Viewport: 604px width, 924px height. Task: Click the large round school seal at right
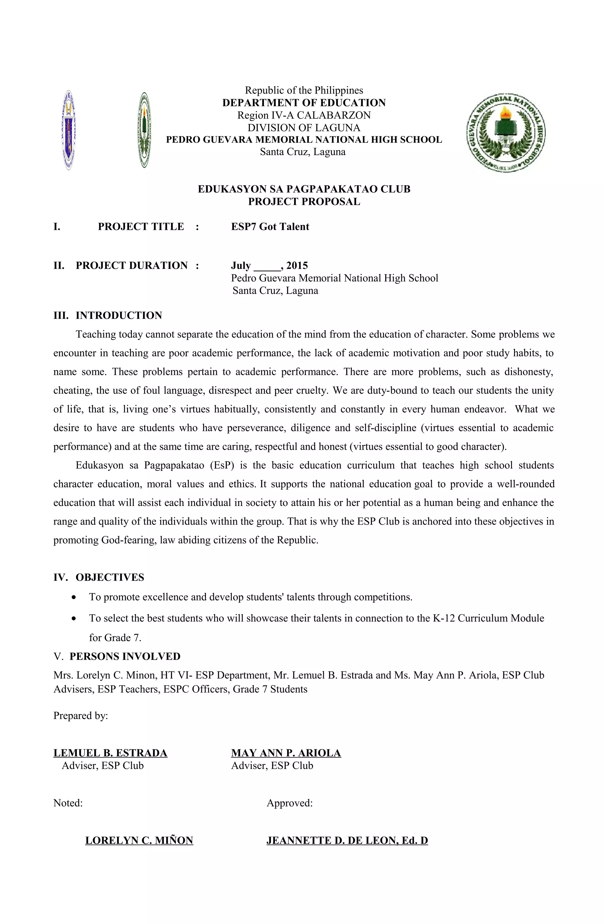click(505, 132)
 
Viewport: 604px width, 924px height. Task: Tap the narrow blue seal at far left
click(69, 130)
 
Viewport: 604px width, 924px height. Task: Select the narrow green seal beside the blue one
click(145, 130)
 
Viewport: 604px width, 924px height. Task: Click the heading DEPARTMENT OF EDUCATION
click(304, 103)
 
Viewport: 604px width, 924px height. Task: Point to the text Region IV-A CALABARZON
click(304, 115)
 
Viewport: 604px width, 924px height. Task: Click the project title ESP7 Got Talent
click(270, 227)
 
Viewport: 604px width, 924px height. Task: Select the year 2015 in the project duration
click(297, 266)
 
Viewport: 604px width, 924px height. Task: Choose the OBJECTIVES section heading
click(109, 577)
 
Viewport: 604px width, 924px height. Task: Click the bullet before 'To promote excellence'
click(74, 597)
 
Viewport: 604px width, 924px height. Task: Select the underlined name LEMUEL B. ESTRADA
click(110, 753)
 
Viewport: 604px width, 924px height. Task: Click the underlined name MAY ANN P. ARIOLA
click(286, 753)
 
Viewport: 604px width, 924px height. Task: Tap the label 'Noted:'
click(68, 803)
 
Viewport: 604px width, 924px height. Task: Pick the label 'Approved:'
click(290, 803)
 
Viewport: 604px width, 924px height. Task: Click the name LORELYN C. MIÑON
click(139, 841)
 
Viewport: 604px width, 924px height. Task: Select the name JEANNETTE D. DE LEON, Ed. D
click(347, 841)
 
